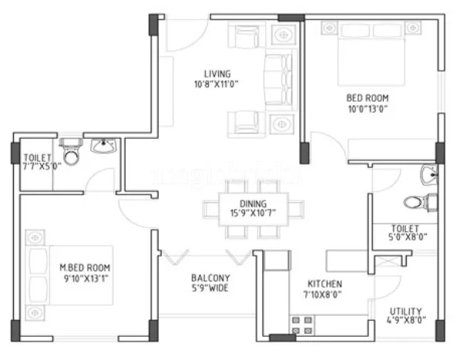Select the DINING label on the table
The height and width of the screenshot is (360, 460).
tap(242, 204)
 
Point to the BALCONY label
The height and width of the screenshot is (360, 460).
tap(210, 278)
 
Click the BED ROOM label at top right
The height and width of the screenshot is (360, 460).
tap(367, 98)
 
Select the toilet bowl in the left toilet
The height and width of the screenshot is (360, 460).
tap(71, 154)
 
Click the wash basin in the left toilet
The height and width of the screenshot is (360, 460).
tap(102, 146)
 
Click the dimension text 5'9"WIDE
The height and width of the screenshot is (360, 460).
tap(210, 289)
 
